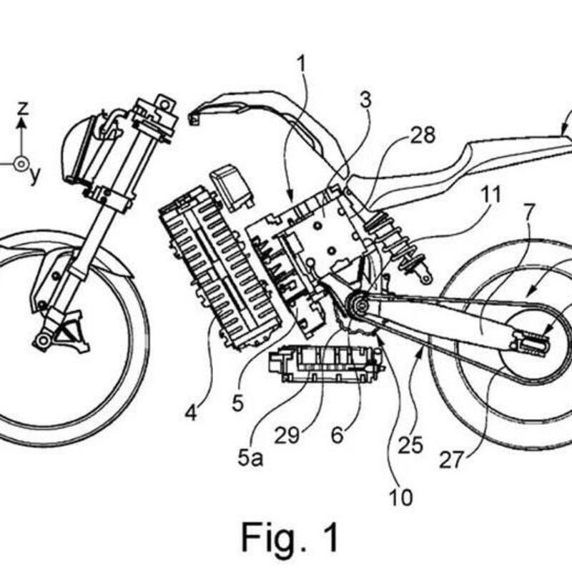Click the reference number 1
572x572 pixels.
click(x=302, y=64)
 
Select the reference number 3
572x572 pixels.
click(x=366, y=102)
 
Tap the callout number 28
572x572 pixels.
click(x=423, y=135)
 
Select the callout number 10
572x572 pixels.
click(x=401, y=496)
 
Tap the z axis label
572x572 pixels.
click(x=23, y=109)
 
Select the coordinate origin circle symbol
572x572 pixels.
click(x=22, y=164)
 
